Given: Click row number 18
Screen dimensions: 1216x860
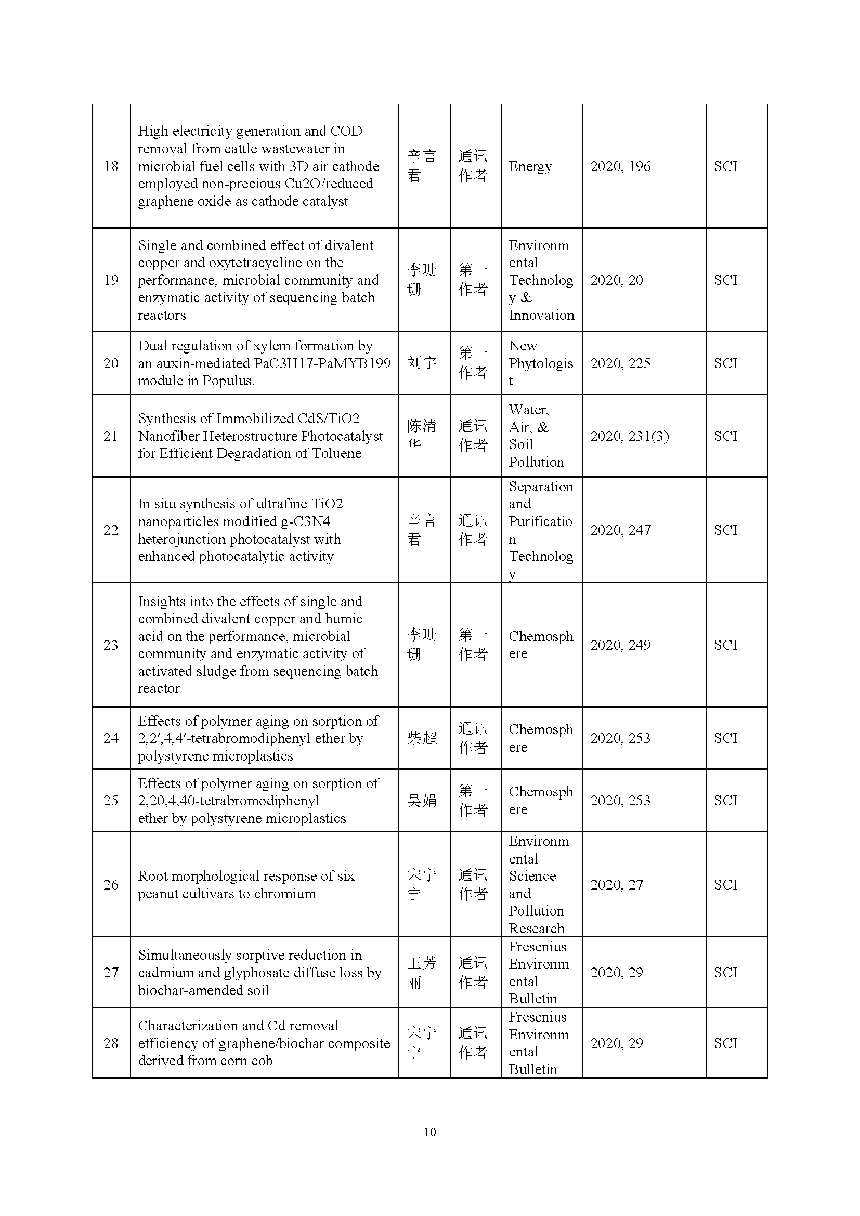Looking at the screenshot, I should coord(111,166).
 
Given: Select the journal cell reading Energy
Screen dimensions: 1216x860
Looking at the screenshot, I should coord(530,166).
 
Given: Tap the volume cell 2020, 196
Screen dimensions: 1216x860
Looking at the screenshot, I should coord(620,166).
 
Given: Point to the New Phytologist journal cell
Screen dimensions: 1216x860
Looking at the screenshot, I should coord(541,363).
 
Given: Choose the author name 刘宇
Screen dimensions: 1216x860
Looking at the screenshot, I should coord(422,363).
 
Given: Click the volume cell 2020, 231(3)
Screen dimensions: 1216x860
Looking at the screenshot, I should coord(629,436).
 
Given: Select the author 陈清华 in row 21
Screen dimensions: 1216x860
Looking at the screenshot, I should coord(422,435).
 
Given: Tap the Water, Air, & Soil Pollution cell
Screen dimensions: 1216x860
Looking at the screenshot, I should coord(536,436).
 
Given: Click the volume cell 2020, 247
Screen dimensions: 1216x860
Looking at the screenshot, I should coord(620,530).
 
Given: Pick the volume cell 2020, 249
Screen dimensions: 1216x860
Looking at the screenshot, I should coord(620,645).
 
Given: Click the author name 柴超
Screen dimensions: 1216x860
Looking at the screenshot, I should coord(422,738).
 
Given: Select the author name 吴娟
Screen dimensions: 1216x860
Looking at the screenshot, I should coord(422,801).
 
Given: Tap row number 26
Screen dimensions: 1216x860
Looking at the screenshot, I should coord(111,885).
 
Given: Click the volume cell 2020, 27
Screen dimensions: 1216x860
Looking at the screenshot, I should coord(617,885).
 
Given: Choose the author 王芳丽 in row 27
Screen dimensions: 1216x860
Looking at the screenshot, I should coord(422,973).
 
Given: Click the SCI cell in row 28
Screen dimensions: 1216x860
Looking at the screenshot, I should coord(725,1043).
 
